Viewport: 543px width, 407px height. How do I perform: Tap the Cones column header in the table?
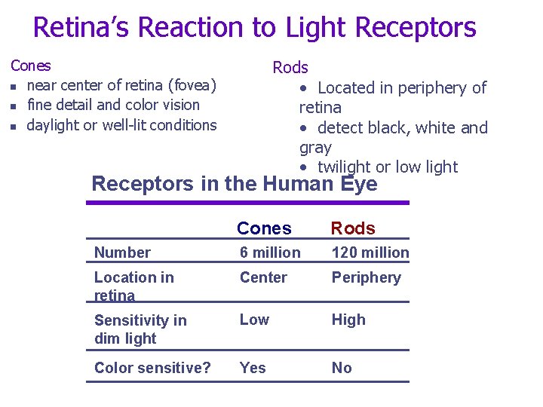(264, 228)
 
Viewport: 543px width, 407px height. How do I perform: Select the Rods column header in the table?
(353, 228)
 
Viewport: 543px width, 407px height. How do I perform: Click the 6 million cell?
(270, 252)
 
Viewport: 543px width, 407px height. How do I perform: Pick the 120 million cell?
(370, 252)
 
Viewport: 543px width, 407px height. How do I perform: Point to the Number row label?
(122, 252)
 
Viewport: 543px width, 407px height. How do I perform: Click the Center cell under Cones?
(263, 277)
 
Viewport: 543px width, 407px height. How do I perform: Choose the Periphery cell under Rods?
(366, 277)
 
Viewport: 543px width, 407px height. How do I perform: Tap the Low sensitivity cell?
(254, 320)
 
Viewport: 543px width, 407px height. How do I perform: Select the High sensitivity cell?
(348, 320)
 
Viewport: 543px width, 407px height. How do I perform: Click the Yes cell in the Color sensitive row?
(253, 368)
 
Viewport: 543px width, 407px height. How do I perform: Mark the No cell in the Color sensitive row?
(342, 368)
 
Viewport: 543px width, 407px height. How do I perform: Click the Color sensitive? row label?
(152, 368)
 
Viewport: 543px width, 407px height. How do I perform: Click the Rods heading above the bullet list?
(290, 67)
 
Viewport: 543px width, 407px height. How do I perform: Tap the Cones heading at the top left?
(31, 66)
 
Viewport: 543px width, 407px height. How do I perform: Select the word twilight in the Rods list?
(350, 167)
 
